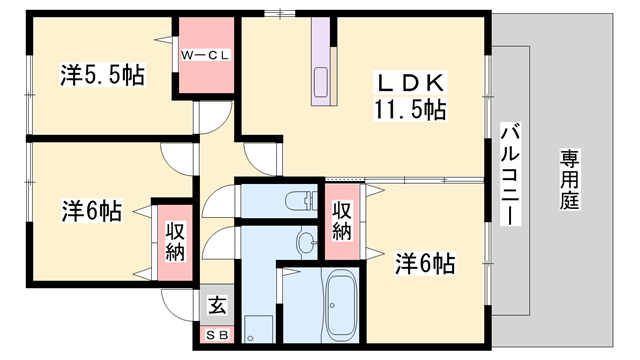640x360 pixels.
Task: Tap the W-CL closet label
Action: (x=206, y=55)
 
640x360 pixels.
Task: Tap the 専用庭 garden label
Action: (x=569, y=180)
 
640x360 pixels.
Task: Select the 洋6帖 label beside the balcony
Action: (x=425, y=264)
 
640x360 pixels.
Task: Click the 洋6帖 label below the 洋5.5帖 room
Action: (x=92, y=211)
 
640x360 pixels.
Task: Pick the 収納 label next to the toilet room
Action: (x=341, y=221)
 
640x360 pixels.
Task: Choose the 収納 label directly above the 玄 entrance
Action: (x=175, y=241)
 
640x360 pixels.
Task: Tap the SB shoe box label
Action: (x=216, y=334)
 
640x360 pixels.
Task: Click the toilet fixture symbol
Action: (x=299, y=202)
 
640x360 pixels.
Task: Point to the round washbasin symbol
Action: (x=305, y=240)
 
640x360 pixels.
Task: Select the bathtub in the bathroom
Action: (x=337, y=306)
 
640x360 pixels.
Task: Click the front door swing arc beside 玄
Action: (x=178, y=305)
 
